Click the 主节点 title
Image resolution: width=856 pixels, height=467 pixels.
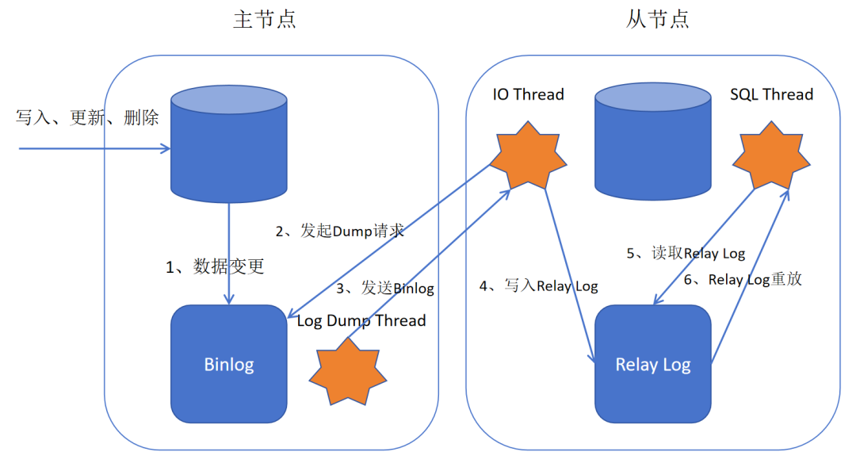point(265,20)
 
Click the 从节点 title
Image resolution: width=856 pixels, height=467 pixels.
point(657,20)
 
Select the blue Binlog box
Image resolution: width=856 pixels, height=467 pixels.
point(229,365)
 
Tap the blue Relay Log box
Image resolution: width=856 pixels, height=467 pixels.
point(653,365)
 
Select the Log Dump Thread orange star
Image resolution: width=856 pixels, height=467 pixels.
point(348,370)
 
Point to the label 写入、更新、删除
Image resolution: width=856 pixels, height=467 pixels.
point(87,118)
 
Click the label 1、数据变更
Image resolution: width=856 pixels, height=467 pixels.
point(215,267)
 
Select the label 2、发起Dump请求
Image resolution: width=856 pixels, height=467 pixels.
point(340,232)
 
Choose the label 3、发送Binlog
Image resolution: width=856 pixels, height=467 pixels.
point(385,289)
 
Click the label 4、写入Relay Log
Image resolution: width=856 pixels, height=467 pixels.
point(538,286)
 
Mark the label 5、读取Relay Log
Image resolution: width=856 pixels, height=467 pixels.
point(686,254)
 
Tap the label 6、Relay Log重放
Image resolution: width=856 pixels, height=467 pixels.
point(743,280)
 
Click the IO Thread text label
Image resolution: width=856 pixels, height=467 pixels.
point(528,95)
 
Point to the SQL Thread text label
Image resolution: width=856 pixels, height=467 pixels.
point(771,95)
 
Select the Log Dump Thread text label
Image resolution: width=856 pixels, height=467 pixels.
point(361,321)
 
